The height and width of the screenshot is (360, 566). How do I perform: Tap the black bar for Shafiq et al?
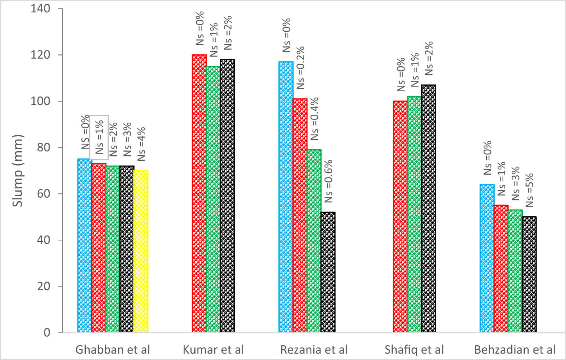(428, 208)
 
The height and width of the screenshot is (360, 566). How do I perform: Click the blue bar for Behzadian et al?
(487, 258)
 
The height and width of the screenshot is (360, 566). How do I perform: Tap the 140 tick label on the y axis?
(41, 9)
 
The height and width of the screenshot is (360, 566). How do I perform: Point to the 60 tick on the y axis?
(44, 194)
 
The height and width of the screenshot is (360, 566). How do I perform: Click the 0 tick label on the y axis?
(47, 333)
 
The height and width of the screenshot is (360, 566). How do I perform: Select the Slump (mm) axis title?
(18, 171)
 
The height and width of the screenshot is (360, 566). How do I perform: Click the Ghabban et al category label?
(113, 350)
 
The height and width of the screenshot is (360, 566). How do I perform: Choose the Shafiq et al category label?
(414, 350)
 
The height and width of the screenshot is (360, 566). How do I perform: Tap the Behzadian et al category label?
(515, 350)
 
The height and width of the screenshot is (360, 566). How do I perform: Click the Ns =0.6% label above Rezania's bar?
(328, 181)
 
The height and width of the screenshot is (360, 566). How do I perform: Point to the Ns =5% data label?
(530, 190)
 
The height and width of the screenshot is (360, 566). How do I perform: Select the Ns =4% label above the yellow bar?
(141, 144)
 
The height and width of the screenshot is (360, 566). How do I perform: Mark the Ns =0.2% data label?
(300, 67)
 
